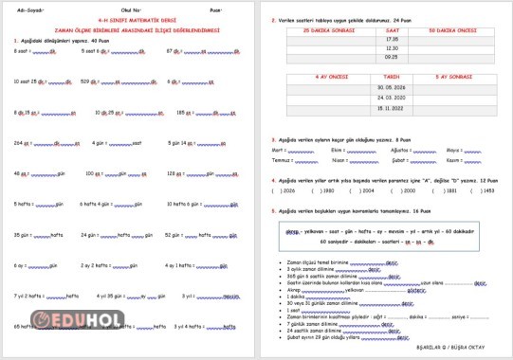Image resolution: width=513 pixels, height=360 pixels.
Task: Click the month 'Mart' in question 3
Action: click(x=279, y=150)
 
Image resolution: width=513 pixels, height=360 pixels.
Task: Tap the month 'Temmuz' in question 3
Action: click(x=282, y=160)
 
